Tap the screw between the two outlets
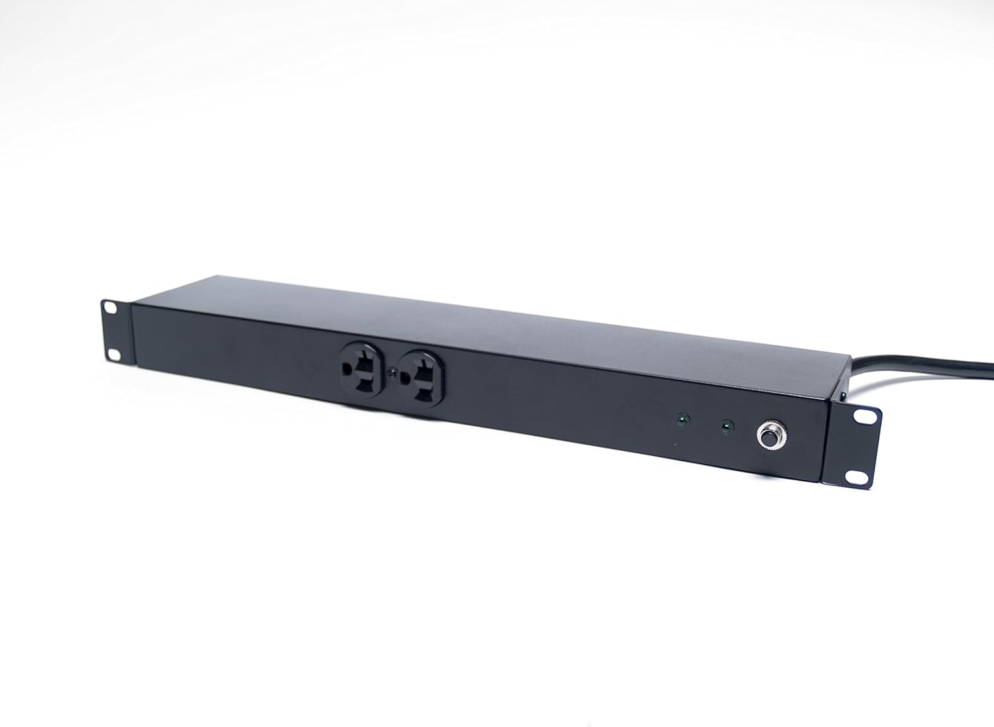click(x=394, y=374)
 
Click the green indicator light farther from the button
click(x=680, y=419)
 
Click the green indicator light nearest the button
click(x=726, y=426)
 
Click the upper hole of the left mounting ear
click(x=109, y=308)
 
